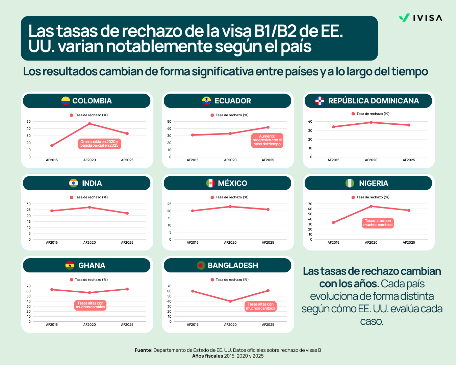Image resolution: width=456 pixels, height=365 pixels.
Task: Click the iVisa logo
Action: coord(420,18)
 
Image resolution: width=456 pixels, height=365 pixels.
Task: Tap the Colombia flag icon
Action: coord(66,101)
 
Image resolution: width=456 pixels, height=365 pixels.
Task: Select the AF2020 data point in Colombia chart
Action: coord(90,124)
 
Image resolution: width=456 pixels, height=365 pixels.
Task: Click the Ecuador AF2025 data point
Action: coord(268,127)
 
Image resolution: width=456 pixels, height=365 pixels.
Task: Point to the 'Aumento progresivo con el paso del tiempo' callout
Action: coord(267,140)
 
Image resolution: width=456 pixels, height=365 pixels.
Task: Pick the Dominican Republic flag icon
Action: coord(320,101)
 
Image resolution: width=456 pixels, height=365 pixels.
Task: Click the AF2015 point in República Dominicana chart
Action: coord(333,127)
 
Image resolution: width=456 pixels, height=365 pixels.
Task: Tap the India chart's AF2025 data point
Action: coord(127,213)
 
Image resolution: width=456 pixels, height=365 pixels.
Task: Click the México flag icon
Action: coord(210,183)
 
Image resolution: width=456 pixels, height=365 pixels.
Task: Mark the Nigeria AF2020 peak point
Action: coord(371,206)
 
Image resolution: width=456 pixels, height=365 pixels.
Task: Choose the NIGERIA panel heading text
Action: coord(374,183)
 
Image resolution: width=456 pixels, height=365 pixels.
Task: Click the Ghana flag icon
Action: coord(70,265)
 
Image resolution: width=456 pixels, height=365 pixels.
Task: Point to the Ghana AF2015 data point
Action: coord(52,290)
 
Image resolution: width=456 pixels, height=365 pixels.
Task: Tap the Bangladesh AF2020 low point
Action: coord(230,301)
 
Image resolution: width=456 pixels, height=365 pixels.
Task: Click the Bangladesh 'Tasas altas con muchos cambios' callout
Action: coord(260,306)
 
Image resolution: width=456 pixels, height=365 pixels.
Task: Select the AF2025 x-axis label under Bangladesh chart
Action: coord(268,324)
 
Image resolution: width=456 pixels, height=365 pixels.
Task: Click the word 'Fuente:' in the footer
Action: coord(143,350)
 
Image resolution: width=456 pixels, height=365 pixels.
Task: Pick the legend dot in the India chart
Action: coord(71,197)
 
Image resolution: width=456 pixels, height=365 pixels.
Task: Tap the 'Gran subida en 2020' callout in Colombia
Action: coord(99,144)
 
